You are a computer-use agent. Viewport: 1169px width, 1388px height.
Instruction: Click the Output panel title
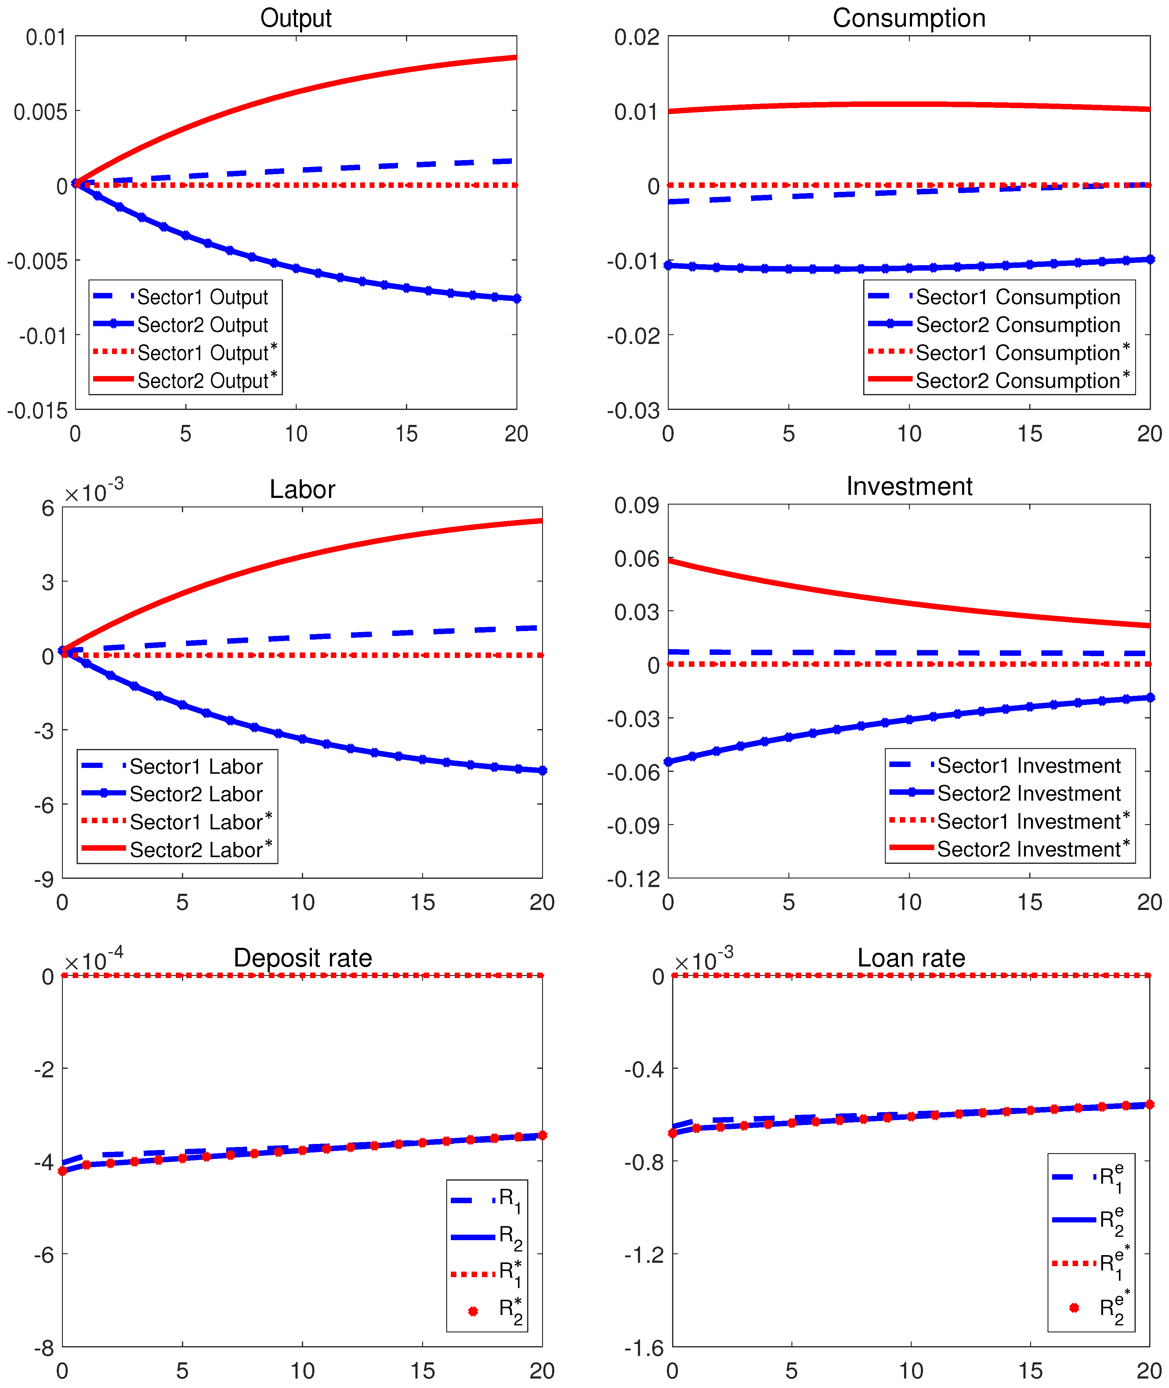[295, 18]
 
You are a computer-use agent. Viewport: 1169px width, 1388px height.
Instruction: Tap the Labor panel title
[302, 489]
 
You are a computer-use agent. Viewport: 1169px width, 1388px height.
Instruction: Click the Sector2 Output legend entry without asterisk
[202, 325]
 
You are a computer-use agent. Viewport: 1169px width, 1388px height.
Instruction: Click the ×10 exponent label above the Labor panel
[93, 493]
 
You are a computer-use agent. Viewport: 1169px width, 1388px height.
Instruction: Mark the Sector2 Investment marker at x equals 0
[668, 762]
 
